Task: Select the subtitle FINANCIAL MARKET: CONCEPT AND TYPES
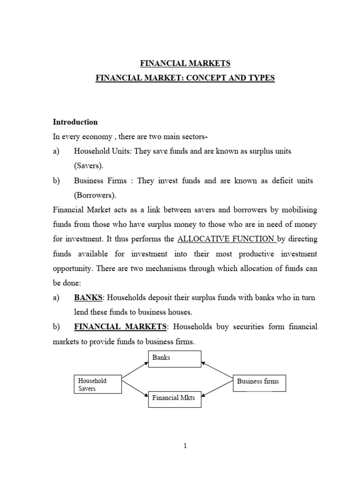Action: pos(186,78)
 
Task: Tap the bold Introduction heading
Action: pos(75,122)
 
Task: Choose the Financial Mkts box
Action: pos(174,398)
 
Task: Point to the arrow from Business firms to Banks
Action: pos(217,370)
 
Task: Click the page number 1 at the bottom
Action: pos(186,446)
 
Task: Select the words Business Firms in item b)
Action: pos(101,180)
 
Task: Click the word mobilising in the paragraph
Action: pos(297,210)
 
